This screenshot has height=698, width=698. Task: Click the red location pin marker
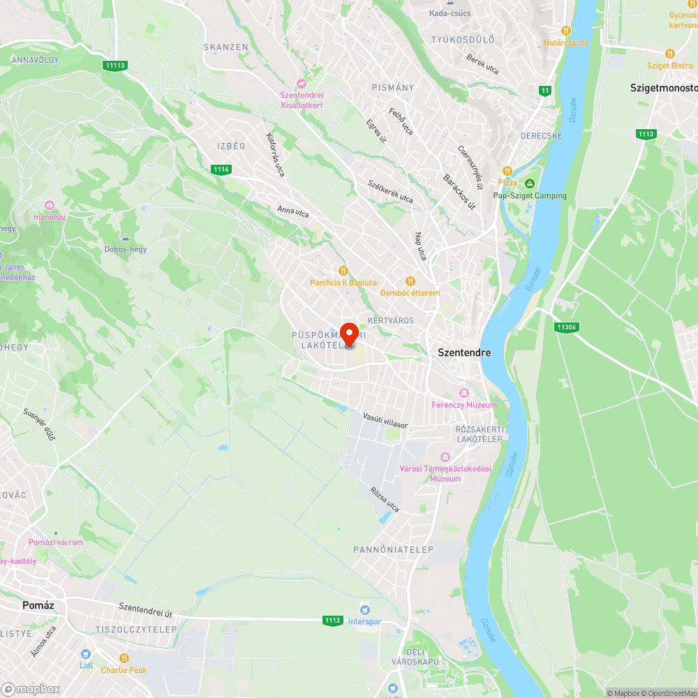tap(349, 333)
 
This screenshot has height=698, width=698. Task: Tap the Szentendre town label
tap(464, 352)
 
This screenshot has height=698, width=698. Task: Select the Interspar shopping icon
tap(364, 611)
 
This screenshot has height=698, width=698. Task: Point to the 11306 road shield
tap(566, 327)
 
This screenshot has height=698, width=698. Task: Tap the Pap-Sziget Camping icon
tap(530, 184)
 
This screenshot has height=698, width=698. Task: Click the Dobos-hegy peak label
tap(125, 249)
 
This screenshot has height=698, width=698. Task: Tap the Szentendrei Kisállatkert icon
tap(302, 84)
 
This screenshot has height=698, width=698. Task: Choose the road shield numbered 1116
tap(221, 170)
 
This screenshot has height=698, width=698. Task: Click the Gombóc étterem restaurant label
tap(410, 292)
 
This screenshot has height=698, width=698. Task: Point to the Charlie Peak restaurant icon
tap(124, 658)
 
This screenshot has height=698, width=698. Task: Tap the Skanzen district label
tap(225, 47)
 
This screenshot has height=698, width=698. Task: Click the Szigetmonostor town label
tap(663, 88)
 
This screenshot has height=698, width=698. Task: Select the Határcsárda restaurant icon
tap(566, 31)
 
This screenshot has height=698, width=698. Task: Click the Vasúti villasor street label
tap(385, 420)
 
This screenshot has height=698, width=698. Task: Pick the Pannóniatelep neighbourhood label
tap(393, 550)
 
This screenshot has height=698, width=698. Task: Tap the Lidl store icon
tap(86, 654)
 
